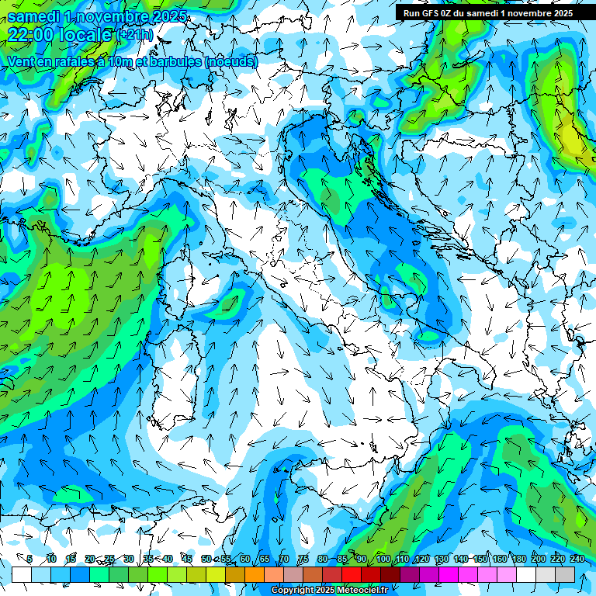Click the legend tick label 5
click(x=29, y=559)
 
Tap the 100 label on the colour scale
click(x=383, y=559)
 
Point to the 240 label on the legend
click(x=577, y=559)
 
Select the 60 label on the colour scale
click(x=245, y=559)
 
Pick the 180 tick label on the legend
click(x=518, y=559)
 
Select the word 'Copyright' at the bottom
click(x=293, y=591)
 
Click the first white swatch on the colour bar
click(x=22, y=574)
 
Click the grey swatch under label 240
click(x=565, y=574)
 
